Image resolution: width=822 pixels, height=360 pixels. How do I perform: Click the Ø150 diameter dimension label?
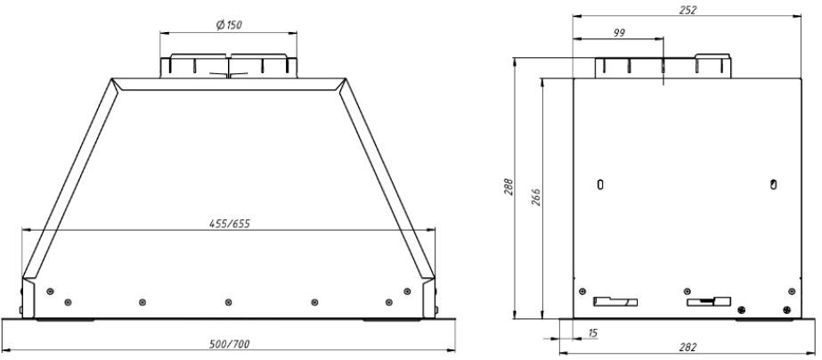click(229, 25)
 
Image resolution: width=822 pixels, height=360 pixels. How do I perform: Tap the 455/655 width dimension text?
click(230, 224)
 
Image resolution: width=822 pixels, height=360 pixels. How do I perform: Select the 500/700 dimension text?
click(230, 344)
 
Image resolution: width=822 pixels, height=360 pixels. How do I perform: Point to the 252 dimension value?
click(688, 10)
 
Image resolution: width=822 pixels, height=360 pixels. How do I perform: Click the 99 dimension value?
click(619, 33)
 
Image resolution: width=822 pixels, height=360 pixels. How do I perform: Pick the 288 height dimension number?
click(509, 187)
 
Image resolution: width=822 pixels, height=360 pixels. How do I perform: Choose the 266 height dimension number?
click(535, 197)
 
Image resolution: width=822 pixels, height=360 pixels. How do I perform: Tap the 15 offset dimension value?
click(592, 332)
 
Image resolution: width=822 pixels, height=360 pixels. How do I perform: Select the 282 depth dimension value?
click(688, 348)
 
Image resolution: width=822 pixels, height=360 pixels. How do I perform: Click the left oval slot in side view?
click(601, 184)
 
